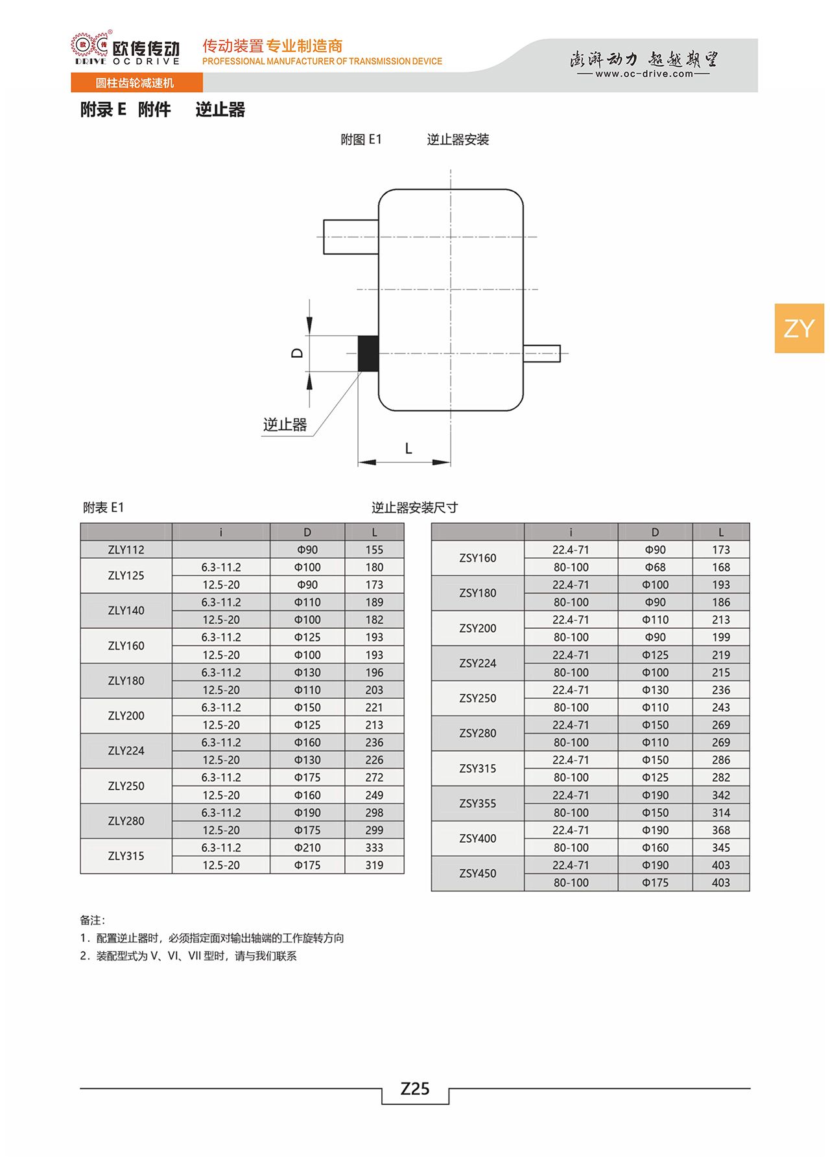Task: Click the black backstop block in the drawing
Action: coord(368,353)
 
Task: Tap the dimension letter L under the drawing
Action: coord(408,449)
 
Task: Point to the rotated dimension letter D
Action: coord(297,353)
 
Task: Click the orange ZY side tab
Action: coord(799,328)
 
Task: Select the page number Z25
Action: coord(415,1089)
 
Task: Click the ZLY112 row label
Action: coord(126,550)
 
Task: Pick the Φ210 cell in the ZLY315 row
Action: coord(307,848)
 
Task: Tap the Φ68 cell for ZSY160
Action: coord(655,567)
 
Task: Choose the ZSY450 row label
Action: coord(477,874)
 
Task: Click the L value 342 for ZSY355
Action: coord(720,795)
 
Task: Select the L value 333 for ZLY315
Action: coord(374,848)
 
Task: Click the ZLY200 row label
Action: coord(126,716)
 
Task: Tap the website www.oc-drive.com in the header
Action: coord(644,74)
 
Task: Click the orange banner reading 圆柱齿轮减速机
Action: coord(136,83)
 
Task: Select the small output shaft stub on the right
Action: coord(541,353)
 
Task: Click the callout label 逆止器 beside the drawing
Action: coord(285,425)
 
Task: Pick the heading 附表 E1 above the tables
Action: coord(103,508)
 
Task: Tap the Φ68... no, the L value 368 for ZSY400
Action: coord(720,830)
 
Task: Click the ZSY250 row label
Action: coord(477,698)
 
